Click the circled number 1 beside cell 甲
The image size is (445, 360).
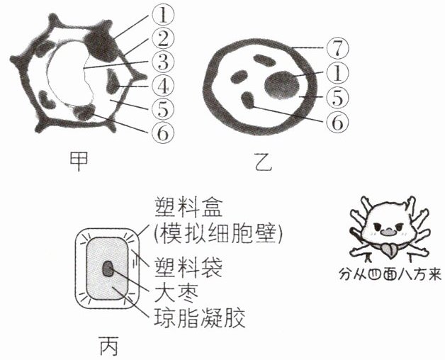162,15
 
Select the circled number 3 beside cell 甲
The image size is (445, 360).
162,62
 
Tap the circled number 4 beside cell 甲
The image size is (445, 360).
162,86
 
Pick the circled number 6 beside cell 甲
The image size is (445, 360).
162,133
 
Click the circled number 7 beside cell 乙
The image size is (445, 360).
337,48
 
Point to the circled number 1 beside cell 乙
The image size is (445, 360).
337,73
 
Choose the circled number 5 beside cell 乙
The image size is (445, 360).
337,97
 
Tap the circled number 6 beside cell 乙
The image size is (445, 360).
337,122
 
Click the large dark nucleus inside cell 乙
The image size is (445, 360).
282,86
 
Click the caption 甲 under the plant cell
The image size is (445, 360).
79,161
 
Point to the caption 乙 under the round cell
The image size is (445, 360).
263,162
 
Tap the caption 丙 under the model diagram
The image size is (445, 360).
109,346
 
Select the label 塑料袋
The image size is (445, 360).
188,267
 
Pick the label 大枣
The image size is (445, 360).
176,292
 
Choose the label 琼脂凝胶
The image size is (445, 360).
200,317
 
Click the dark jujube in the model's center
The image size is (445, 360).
108,269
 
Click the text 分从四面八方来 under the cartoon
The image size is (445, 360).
390,274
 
